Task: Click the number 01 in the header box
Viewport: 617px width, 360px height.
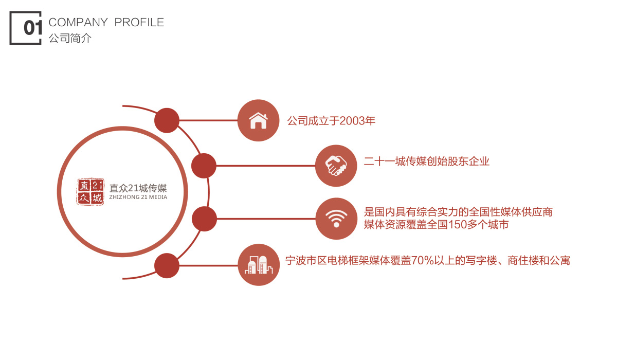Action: point(33,28)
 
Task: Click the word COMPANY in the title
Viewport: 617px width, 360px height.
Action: point(78,22)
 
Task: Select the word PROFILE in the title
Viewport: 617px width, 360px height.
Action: point(139,22)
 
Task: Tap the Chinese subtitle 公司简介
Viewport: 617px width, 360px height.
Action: point(70,38)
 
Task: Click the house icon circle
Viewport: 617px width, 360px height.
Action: point(258,120)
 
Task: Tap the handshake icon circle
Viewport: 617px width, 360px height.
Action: point(336,166)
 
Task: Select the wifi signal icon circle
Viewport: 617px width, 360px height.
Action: point(336,219)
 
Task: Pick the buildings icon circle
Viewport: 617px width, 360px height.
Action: point(259,265)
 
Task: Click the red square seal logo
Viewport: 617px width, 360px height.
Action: point(90,192)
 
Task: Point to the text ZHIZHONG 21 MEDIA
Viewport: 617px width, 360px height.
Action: point(138,197)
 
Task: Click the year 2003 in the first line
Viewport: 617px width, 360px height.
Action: point(352,121)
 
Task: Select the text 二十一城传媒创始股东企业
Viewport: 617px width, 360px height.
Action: point(427,161)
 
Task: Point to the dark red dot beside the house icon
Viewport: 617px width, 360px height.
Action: point(167,120)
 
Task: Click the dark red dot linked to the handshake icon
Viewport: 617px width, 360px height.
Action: point(204,166)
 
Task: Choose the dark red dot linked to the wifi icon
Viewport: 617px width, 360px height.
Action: point(205,219)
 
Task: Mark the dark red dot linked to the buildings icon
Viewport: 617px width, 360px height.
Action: point(167,265)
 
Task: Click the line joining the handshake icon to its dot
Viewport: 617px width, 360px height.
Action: point(266,166)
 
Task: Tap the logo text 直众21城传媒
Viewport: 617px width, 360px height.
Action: point(138,188)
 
